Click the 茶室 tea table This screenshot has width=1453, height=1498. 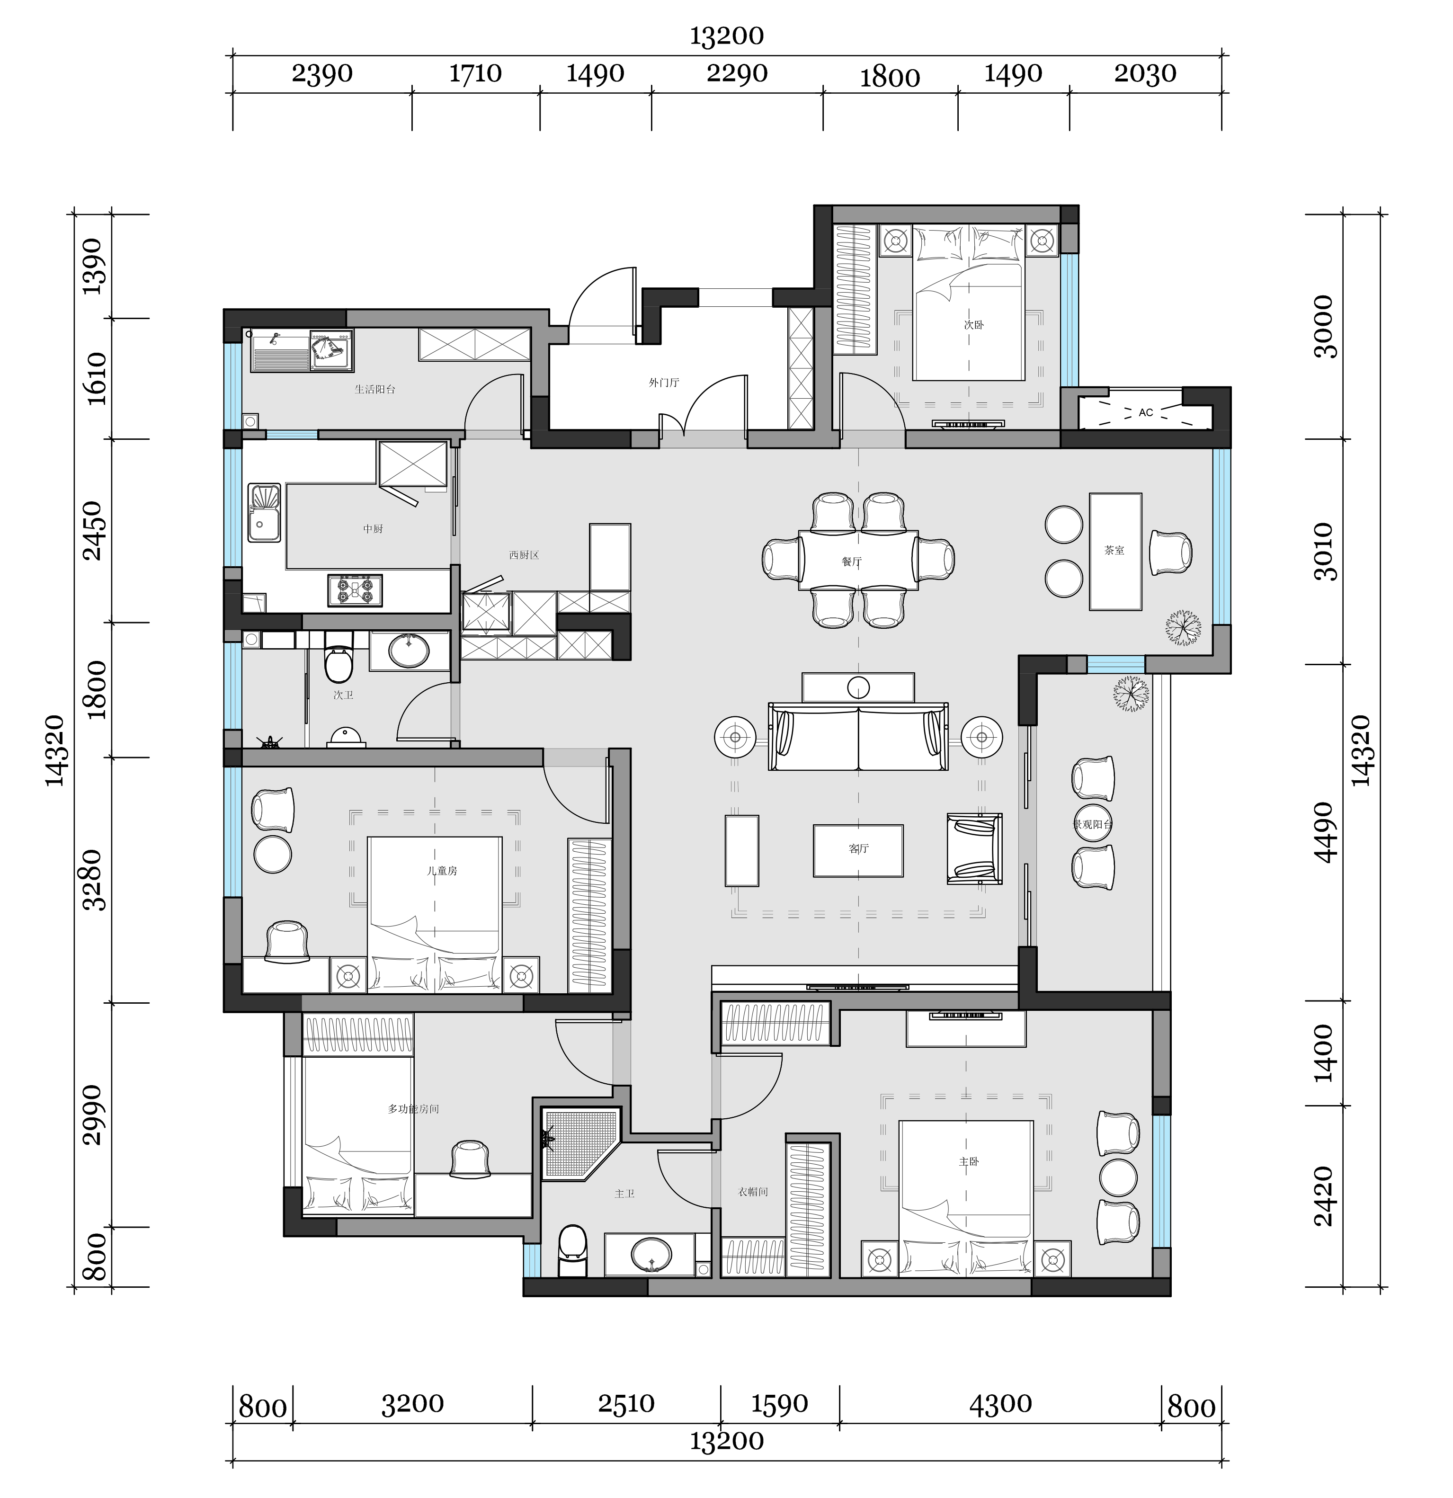(1115, 551)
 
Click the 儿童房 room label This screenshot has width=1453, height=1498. (442, 871)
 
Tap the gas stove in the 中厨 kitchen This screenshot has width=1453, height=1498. (355, 590)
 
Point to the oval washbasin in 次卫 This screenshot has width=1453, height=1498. (409, 651)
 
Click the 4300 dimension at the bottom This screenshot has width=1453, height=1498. (1000, 1403)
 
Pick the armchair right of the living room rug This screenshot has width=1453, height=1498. (974, 848)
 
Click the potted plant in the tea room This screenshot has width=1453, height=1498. (1183, 628)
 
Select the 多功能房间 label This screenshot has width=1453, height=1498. (413, 1109)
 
